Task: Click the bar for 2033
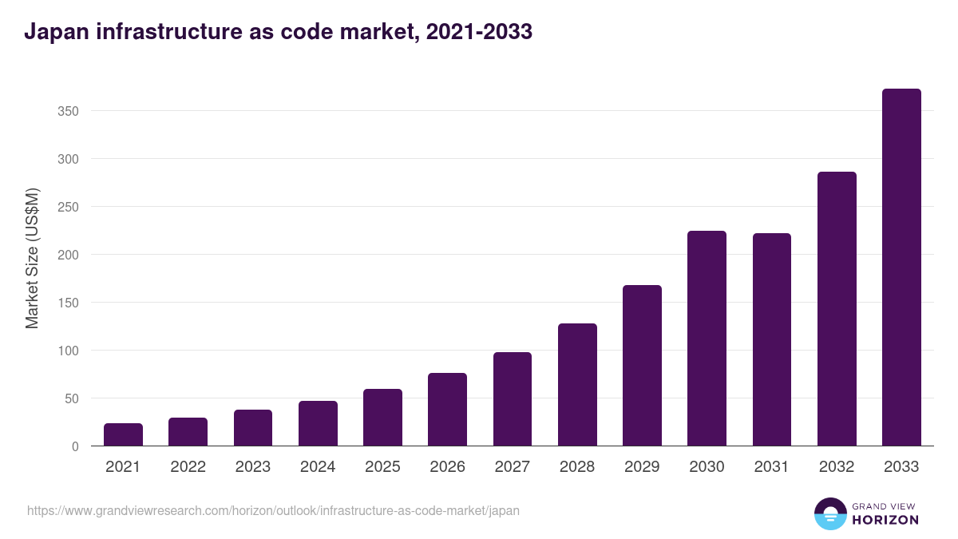tap(901, 268)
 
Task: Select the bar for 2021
tap(123, 434)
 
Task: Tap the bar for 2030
tap(707, 339)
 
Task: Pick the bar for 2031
tap(771, 339)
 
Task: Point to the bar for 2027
tap(512, 399)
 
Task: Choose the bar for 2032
tap(837, 309)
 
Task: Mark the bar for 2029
tap(642, 366)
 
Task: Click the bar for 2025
tap(382, 418)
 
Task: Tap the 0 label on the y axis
tap(75, 446)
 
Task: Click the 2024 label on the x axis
tap(318, 467)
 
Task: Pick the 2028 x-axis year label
tap(577, 467)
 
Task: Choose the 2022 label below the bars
tap(188, 467)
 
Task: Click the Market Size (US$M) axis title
tap(32, 257)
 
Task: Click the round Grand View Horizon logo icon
tap(829, 513)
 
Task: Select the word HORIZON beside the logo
tap(885, 520)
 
